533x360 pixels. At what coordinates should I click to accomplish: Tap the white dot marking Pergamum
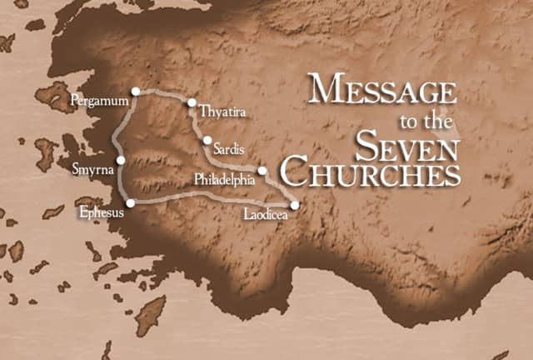[x=135, y=91]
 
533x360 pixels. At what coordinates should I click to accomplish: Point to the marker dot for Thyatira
[x=192, y=103]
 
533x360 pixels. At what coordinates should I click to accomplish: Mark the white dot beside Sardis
[x=207, y=140]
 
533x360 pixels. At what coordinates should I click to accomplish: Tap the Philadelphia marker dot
[x=262, y=171]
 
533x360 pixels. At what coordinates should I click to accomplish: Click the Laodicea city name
[x=266, y=215]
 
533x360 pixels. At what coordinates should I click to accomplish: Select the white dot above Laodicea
[x=294, y=204]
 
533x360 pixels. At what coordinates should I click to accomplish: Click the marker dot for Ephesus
[x=130, y=202]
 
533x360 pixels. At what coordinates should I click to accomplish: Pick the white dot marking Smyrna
[x=121, y=160]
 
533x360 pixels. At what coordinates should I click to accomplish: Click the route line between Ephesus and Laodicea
[x=208, y=203]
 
